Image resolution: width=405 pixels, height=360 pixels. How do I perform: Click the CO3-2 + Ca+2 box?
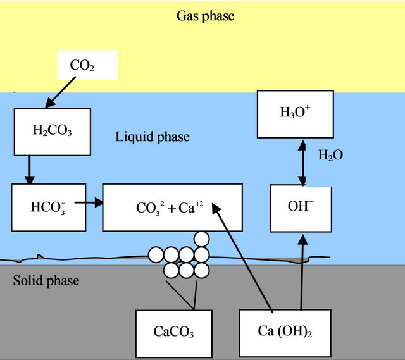(172, 208)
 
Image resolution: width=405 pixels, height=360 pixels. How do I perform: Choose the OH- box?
(301, 208)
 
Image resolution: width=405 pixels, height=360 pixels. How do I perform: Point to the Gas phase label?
(204, 16)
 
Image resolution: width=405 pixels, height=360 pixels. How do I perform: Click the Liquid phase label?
(153, 137)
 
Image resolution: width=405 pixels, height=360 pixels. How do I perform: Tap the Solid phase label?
(46, 280)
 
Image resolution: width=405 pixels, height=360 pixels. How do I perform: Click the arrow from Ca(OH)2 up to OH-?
(302, 272)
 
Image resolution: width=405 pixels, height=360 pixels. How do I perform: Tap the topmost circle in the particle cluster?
(201, 239)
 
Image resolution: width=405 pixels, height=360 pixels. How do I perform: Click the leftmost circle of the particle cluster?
(156, 255)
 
